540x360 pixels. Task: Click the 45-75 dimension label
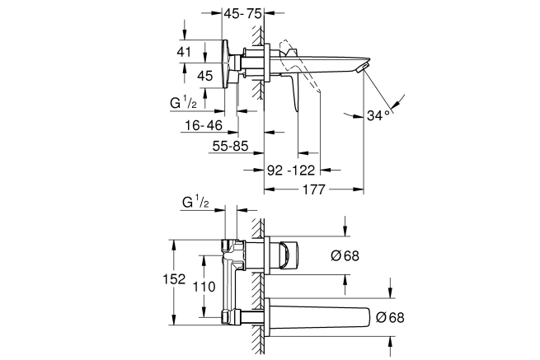click(242, 14)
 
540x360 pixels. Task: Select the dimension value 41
click(184, 52)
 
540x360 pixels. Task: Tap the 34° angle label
click(378, 115)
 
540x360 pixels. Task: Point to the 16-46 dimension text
click(204, 125)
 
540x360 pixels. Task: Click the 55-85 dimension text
click(230, 147)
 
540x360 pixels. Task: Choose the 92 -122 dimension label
click(291, 170)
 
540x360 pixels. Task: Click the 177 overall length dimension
click(313, 189)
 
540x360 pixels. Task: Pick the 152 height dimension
click(174, 279)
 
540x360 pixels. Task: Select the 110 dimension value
click(204, 287)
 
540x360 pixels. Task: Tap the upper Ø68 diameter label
click(345, 255)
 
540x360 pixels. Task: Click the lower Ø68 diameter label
click(390, 317)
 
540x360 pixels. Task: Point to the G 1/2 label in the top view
click(184, 102)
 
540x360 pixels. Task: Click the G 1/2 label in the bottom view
click(195, 202)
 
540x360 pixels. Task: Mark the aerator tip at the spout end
click(362, 67)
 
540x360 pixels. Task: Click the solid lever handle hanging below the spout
click(293, 91)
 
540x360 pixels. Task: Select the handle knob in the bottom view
click(288, 255)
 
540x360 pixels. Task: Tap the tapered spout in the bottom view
click(318, 316)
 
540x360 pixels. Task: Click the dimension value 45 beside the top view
click(205, 76)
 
